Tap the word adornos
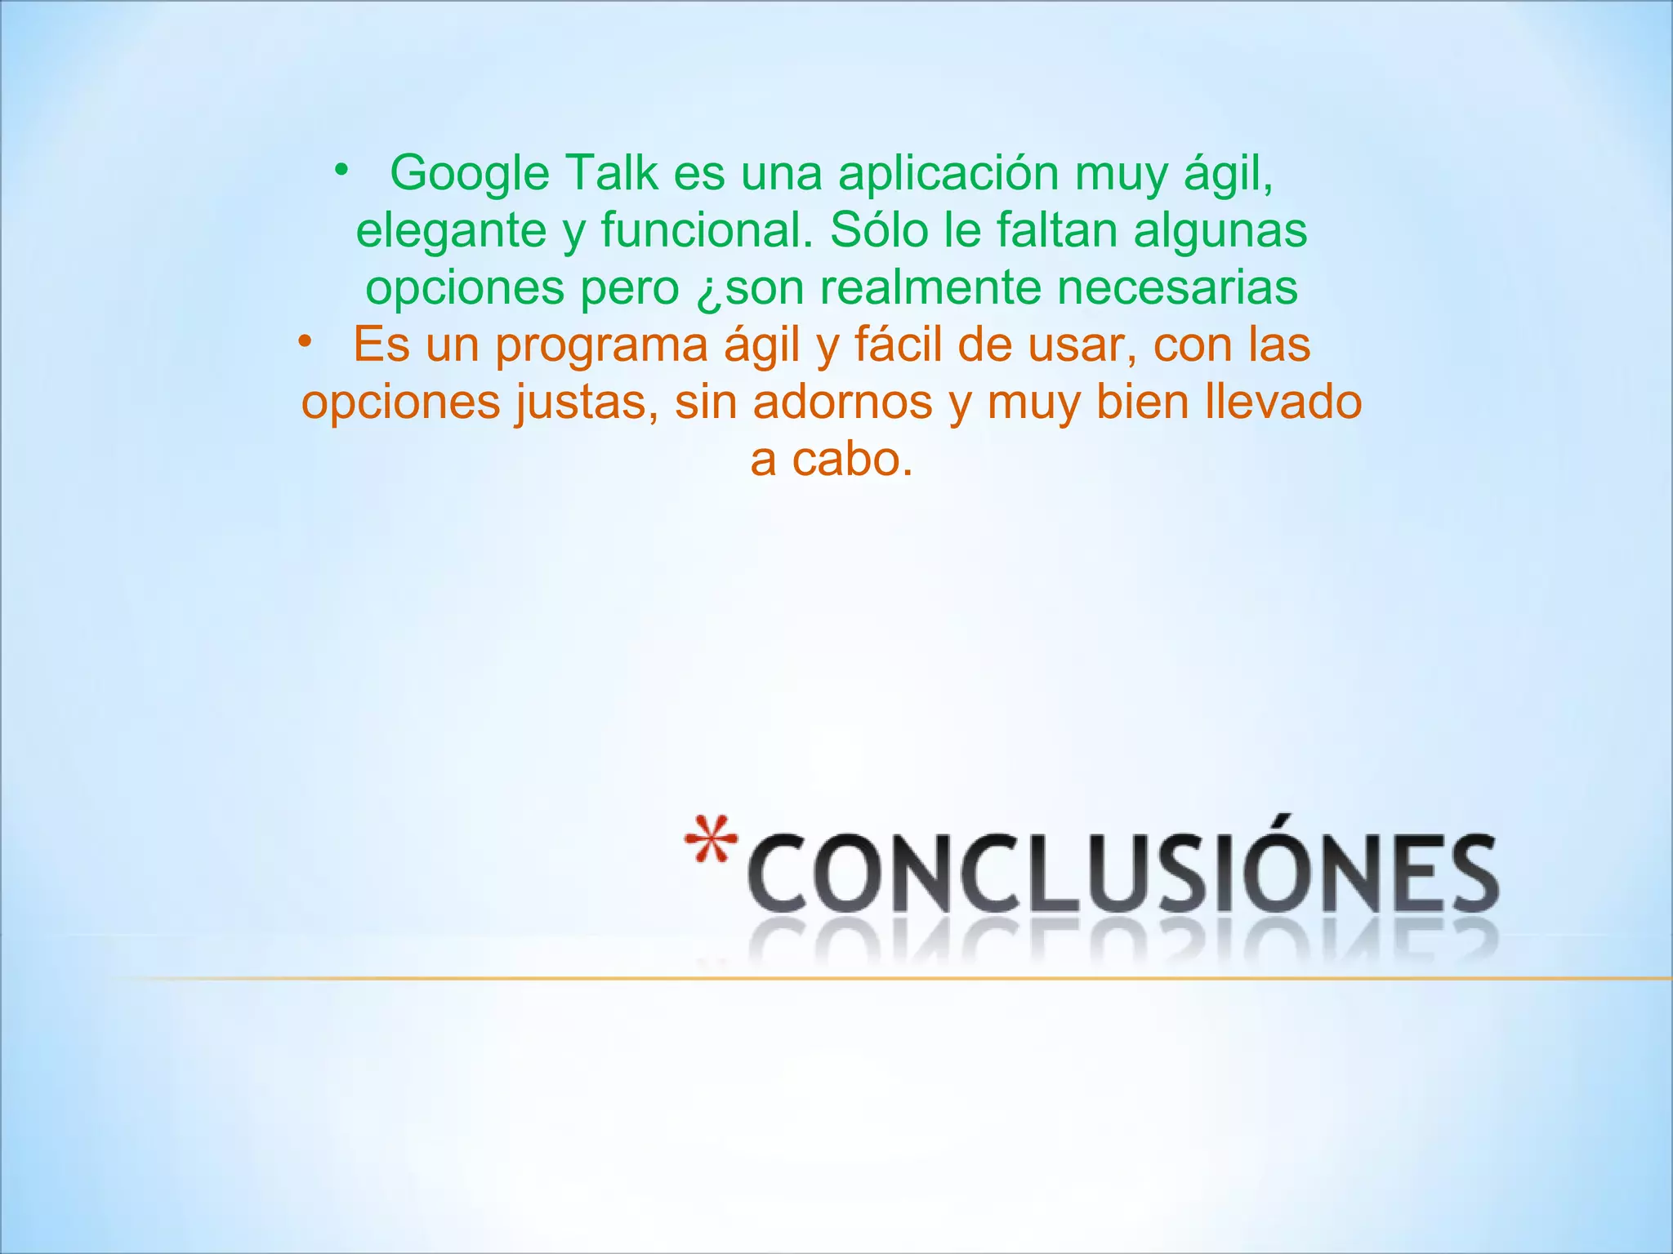click(842, 402)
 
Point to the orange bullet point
click(305, 341)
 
